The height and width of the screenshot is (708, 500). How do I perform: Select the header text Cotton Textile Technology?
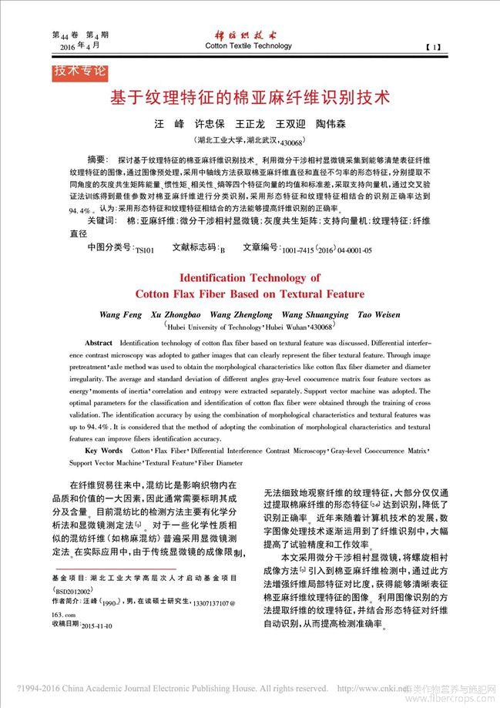click(x=248, y=46)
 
